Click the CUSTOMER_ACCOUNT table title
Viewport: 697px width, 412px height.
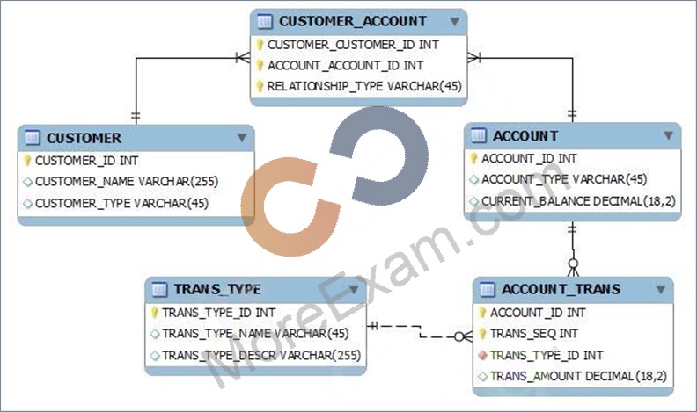click(x=353, y=21)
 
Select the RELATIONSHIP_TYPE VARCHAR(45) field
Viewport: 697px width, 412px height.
click(x=364, y=86)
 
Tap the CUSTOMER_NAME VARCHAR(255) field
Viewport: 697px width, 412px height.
click(x=127, y=181)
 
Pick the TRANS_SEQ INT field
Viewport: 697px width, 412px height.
click(x=534, y=334)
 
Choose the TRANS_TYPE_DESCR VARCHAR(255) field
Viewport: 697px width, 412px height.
click(x=260, y=355)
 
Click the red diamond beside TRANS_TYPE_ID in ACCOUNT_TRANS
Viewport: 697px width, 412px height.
click(x=483, y=355)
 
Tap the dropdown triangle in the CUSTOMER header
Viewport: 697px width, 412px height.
click(x=242, y=138)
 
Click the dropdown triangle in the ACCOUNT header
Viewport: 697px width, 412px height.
click(x=669, y=135)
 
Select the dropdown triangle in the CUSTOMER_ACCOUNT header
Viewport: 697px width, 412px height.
click(x=454, y=21)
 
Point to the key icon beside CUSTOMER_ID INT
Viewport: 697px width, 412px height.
click(x=27, y=160)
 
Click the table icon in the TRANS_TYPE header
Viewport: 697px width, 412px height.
click(x=159, y=290)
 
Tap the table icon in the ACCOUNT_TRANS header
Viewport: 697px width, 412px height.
click(x=488, y=290)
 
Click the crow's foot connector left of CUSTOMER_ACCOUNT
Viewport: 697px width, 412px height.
click(x=243, y=58)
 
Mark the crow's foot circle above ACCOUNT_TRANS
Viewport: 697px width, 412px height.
click(x=573, y=264)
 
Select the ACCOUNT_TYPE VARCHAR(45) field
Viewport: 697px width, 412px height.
click(x=564, y=179)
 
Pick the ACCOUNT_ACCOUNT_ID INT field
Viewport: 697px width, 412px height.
click(x=345, y=66)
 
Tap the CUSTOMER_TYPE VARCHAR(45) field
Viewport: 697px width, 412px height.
click(x=121, y=203)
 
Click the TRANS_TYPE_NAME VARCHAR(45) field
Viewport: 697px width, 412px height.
click(x=255, y=334)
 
